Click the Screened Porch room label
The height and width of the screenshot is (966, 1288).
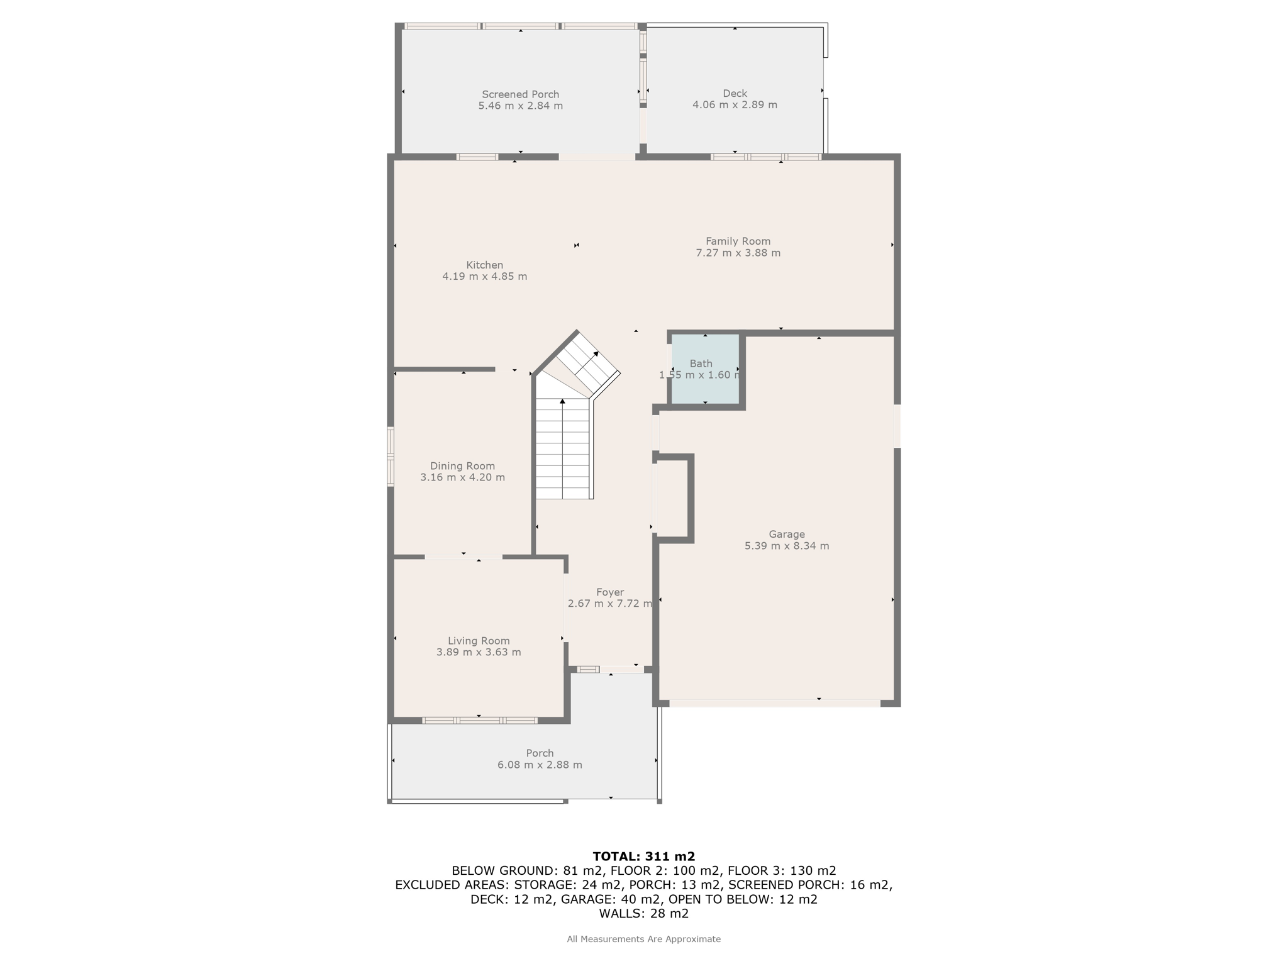pyautogui.click(x=520, y=94)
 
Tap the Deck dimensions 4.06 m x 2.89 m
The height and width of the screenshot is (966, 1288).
pyautogui.click(x=735, y=105)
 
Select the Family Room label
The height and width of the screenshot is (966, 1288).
pyautogui.click(x=738, y=241)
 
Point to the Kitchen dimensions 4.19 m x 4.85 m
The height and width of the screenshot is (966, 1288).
pyautogui.click(x=484, y=276)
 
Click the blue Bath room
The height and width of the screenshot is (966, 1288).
pyautogui.click(x=705, y=369)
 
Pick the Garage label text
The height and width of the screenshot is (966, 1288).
pyautogui.click(x=786, y=535)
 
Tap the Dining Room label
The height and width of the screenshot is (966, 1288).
pyautogui.click(x=462, y=466)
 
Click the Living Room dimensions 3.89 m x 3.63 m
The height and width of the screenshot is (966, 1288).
pyautogui.click(x=479, y=652)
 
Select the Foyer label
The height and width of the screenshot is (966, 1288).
pyautogui.click(x=610, y=592)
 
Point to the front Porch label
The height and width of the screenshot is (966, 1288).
pyautogui.click(x=540, y=753)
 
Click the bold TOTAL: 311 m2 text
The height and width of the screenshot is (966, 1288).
pyautogui.click(x=643, y=857)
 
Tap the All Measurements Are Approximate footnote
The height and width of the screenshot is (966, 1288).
pyautogui.click(x=643, y=939)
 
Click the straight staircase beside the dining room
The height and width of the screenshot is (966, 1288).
pyautogui.click(x=563, y=448)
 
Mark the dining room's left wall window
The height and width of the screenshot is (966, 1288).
pyautogui.click(x=391, y=457)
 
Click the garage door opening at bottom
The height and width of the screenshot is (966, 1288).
pyautogui.click(x=774, y=703)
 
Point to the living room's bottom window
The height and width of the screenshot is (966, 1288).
pyautogui.click(x=480, y=720)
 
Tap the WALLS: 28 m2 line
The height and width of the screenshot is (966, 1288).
pyautogui.click(x=643, y=914)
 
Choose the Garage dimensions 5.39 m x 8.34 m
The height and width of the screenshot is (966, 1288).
pyautogui.click(x=786, y=546)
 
